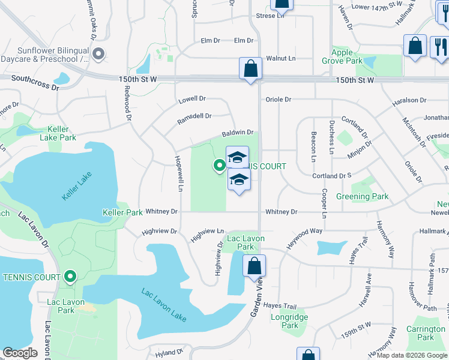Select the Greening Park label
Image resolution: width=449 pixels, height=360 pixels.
[362, 196]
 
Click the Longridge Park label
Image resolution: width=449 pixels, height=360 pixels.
[290, 321]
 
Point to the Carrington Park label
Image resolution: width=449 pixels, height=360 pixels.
[426, 333]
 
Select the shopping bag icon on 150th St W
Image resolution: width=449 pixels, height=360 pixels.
[250, 68]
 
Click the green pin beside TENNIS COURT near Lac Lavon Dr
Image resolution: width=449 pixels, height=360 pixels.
[70, 277]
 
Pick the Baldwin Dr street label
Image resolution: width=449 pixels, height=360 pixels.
[238, 132]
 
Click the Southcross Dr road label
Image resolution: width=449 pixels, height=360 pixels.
[35, 82]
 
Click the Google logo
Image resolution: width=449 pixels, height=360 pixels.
[20, 353]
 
